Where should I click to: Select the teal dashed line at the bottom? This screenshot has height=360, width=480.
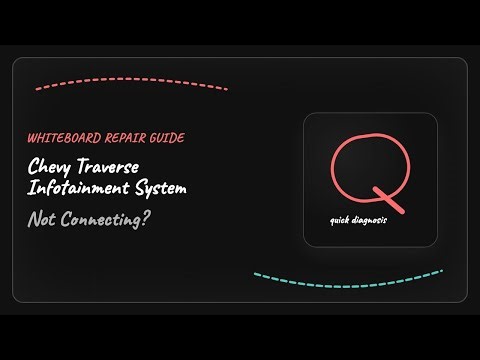(347, 273)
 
